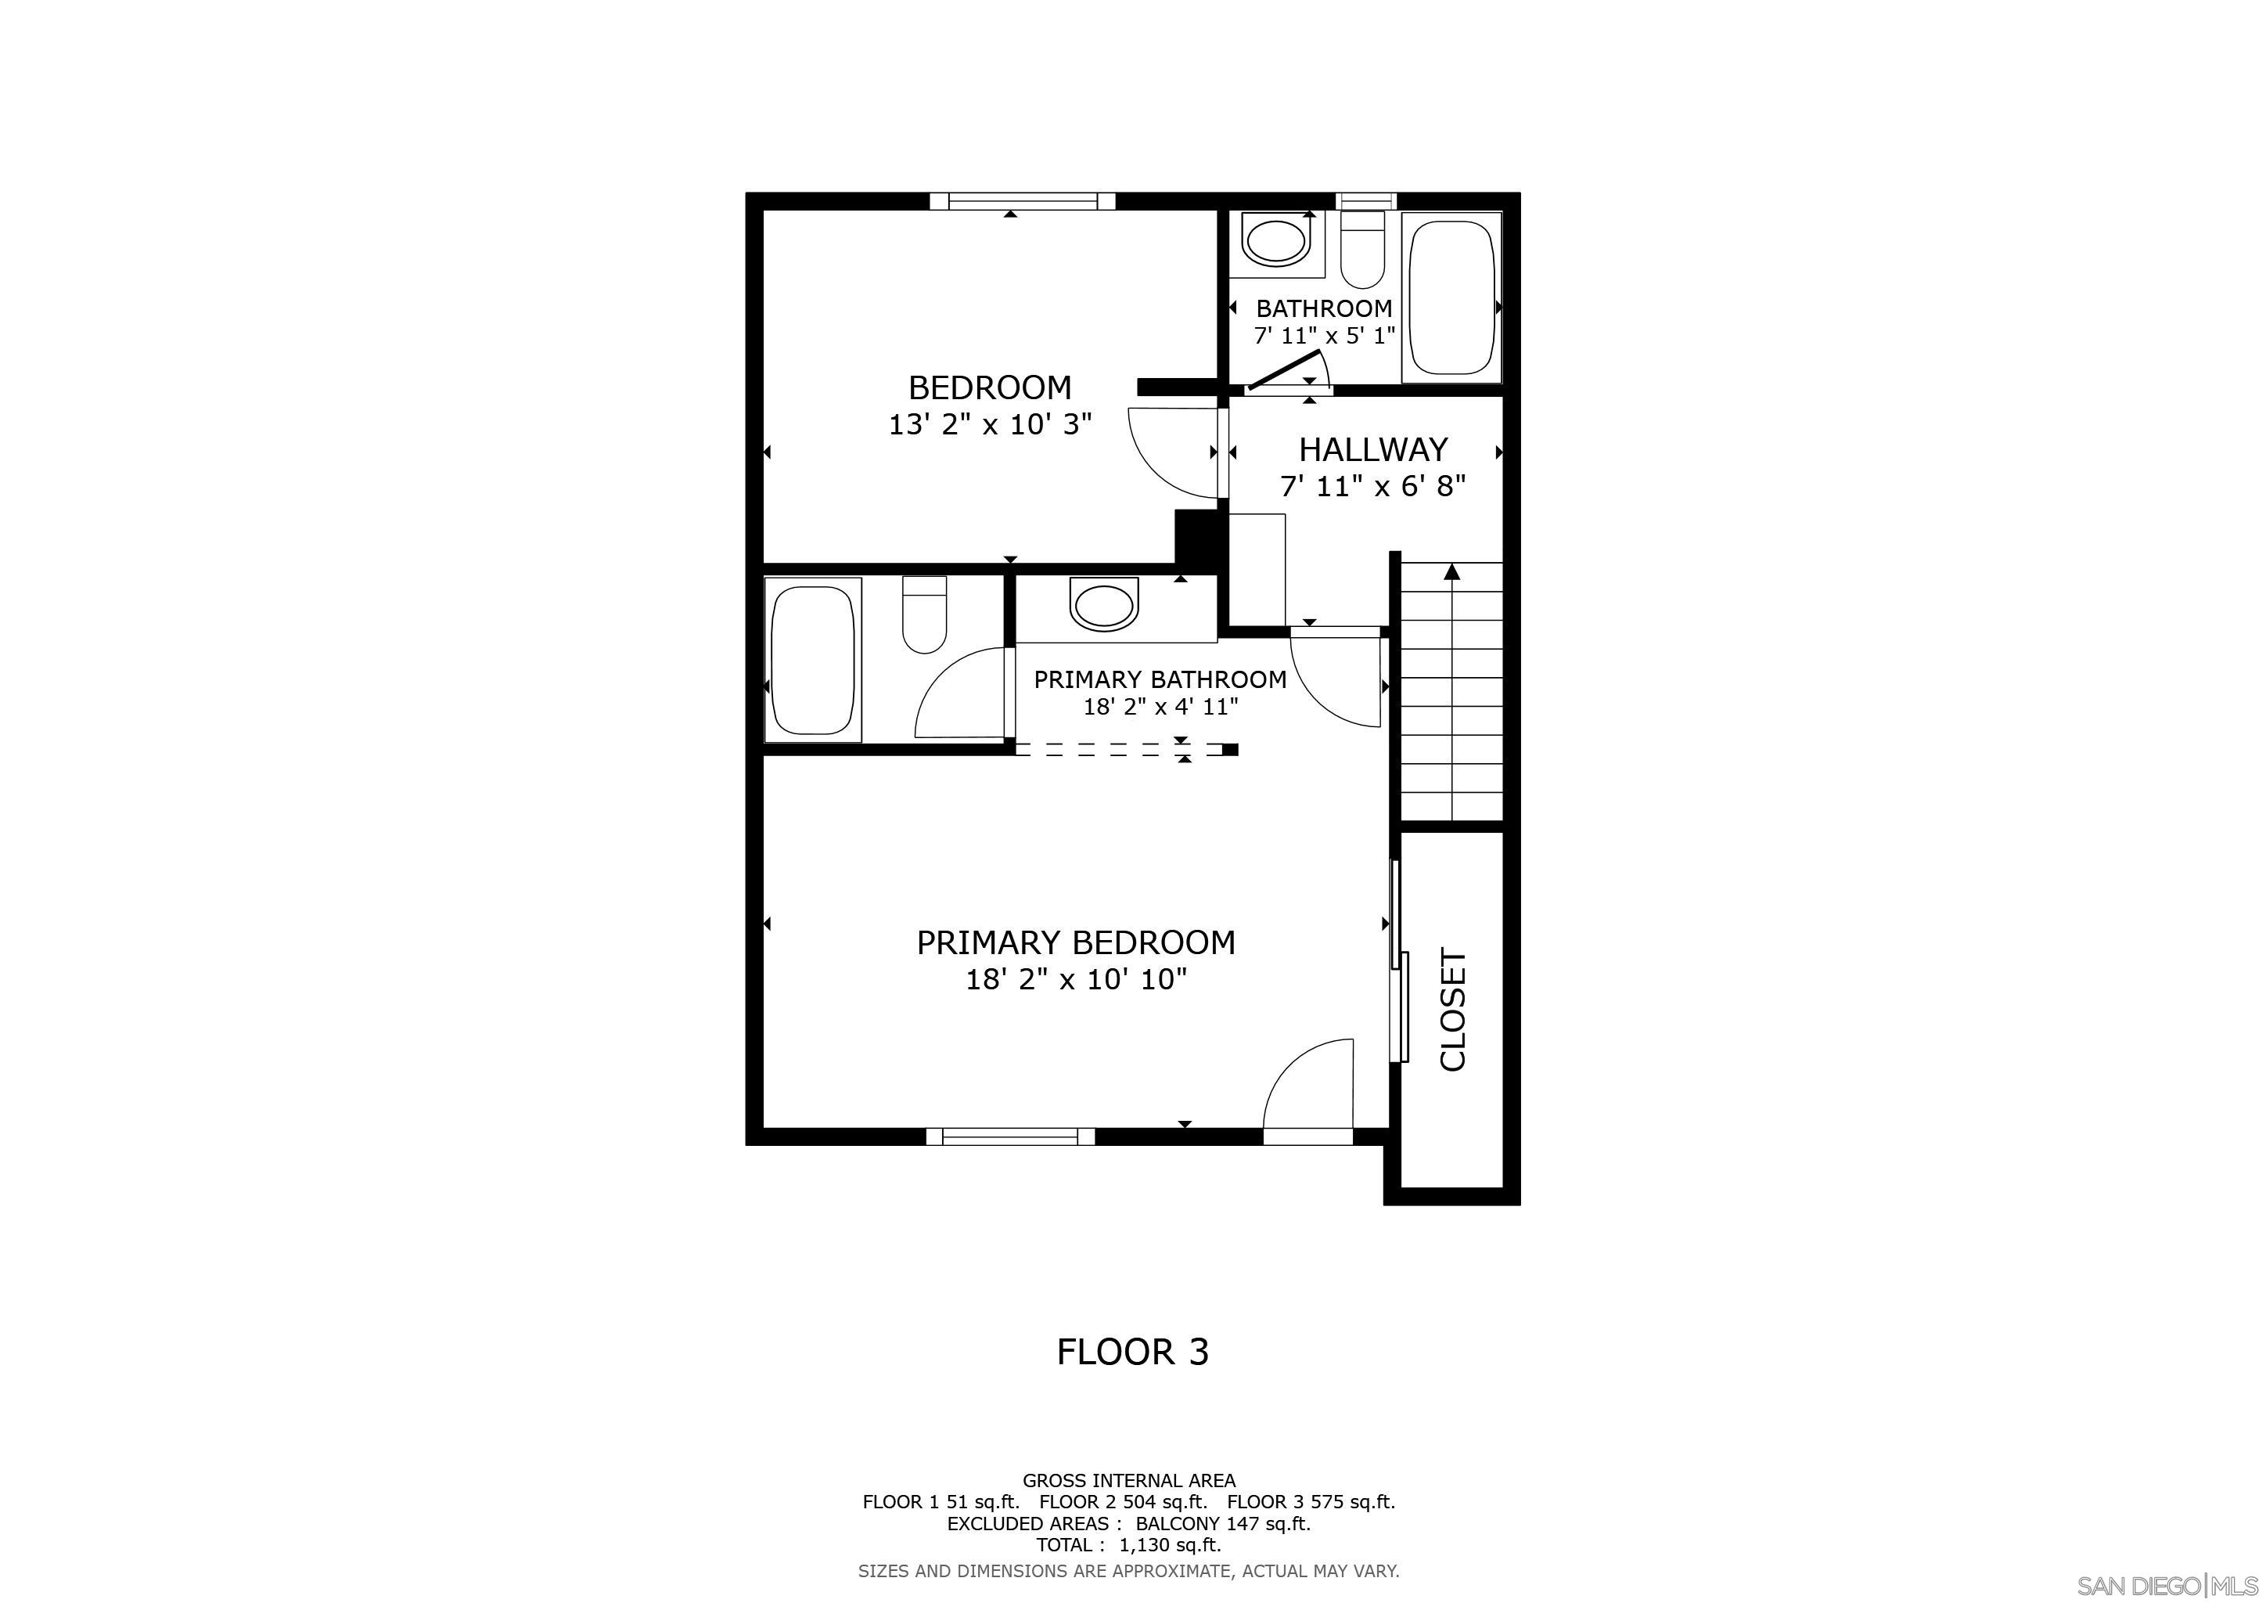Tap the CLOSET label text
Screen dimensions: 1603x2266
1454,1010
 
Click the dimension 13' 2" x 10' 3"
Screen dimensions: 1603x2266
990,424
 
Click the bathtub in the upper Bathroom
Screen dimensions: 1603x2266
1451,297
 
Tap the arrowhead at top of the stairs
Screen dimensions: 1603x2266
1451,571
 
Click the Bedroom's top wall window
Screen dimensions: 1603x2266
1023,201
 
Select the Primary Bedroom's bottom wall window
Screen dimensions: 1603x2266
1009,1137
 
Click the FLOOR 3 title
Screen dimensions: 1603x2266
1132,1351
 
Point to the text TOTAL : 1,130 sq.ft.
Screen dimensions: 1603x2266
1128,1545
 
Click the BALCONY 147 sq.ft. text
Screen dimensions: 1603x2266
1222,1523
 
